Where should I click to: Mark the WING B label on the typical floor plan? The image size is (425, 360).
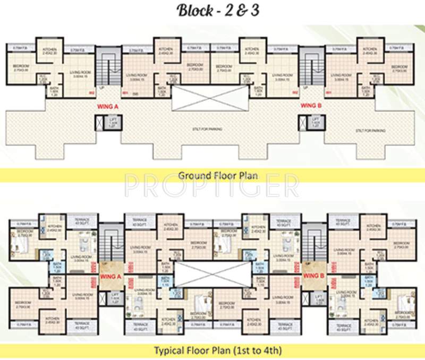[x=312, y=276]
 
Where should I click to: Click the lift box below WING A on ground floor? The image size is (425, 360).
[x=104, y=122]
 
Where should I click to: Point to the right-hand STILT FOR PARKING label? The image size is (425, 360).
[x=370, y=130]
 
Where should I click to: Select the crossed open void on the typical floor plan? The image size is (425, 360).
[x=208, y=275]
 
